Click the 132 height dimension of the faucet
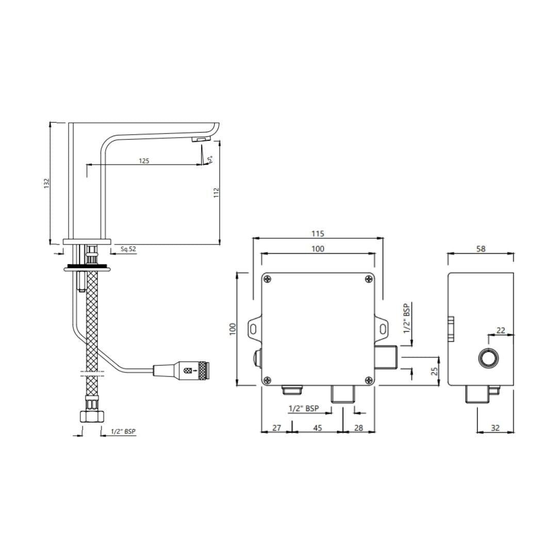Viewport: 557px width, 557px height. coord(46,183)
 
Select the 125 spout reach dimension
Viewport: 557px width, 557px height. coord(144,161)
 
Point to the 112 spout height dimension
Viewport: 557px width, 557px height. coord(216,192)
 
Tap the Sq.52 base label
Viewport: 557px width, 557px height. coord(128,249)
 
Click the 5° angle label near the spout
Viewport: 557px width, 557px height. coord(210,159)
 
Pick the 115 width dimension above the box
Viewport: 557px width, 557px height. coord(318,234)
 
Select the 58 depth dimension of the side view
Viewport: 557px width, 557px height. coord(481,249)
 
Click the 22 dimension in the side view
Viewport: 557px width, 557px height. coord(500,331)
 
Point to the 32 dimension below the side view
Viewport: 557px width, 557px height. coord(495,428)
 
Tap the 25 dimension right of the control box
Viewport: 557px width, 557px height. coord(434,371)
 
